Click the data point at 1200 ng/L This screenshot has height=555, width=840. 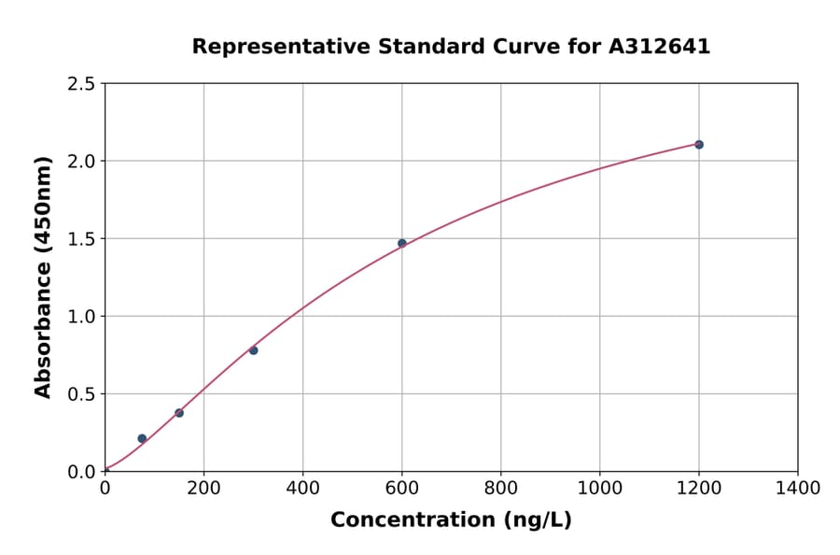point(698,145)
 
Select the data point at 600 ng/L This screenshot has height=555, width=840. point(402,243)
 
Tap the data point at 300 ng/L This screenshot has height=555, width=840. point(253,350)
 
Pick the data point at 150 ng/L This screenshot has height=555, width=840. point(179,413)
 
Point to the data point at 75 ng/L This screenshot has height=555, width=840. point(142,438)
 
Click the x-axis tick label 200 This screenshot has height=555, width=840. point(203,488)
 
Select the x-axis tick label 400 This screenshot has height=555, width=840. point(302,488)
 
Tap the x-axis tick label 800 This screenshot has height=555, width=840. point(500,488)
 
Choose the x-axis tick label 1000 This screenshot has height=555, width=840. point(599,488)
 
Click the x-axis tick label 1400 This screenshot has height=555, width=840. point(797,488)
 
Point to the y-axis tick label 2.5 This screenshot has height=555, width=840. point(81,84)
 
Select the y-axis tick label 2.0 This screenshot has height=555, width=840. point(81,162)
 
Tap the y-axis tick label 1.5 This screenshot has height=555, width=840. point(81,239)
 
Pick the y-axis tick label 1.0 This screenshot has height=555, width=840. point(81,317)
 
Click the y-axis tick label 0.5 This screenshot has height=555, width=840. point(81,394)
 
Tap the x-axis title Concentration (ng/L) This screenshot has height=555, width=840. point(451,520)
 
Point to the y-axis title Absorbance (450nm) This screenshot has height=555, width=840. point(43,277)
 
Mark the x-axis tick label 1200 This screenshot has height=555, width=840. point(698,488)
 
